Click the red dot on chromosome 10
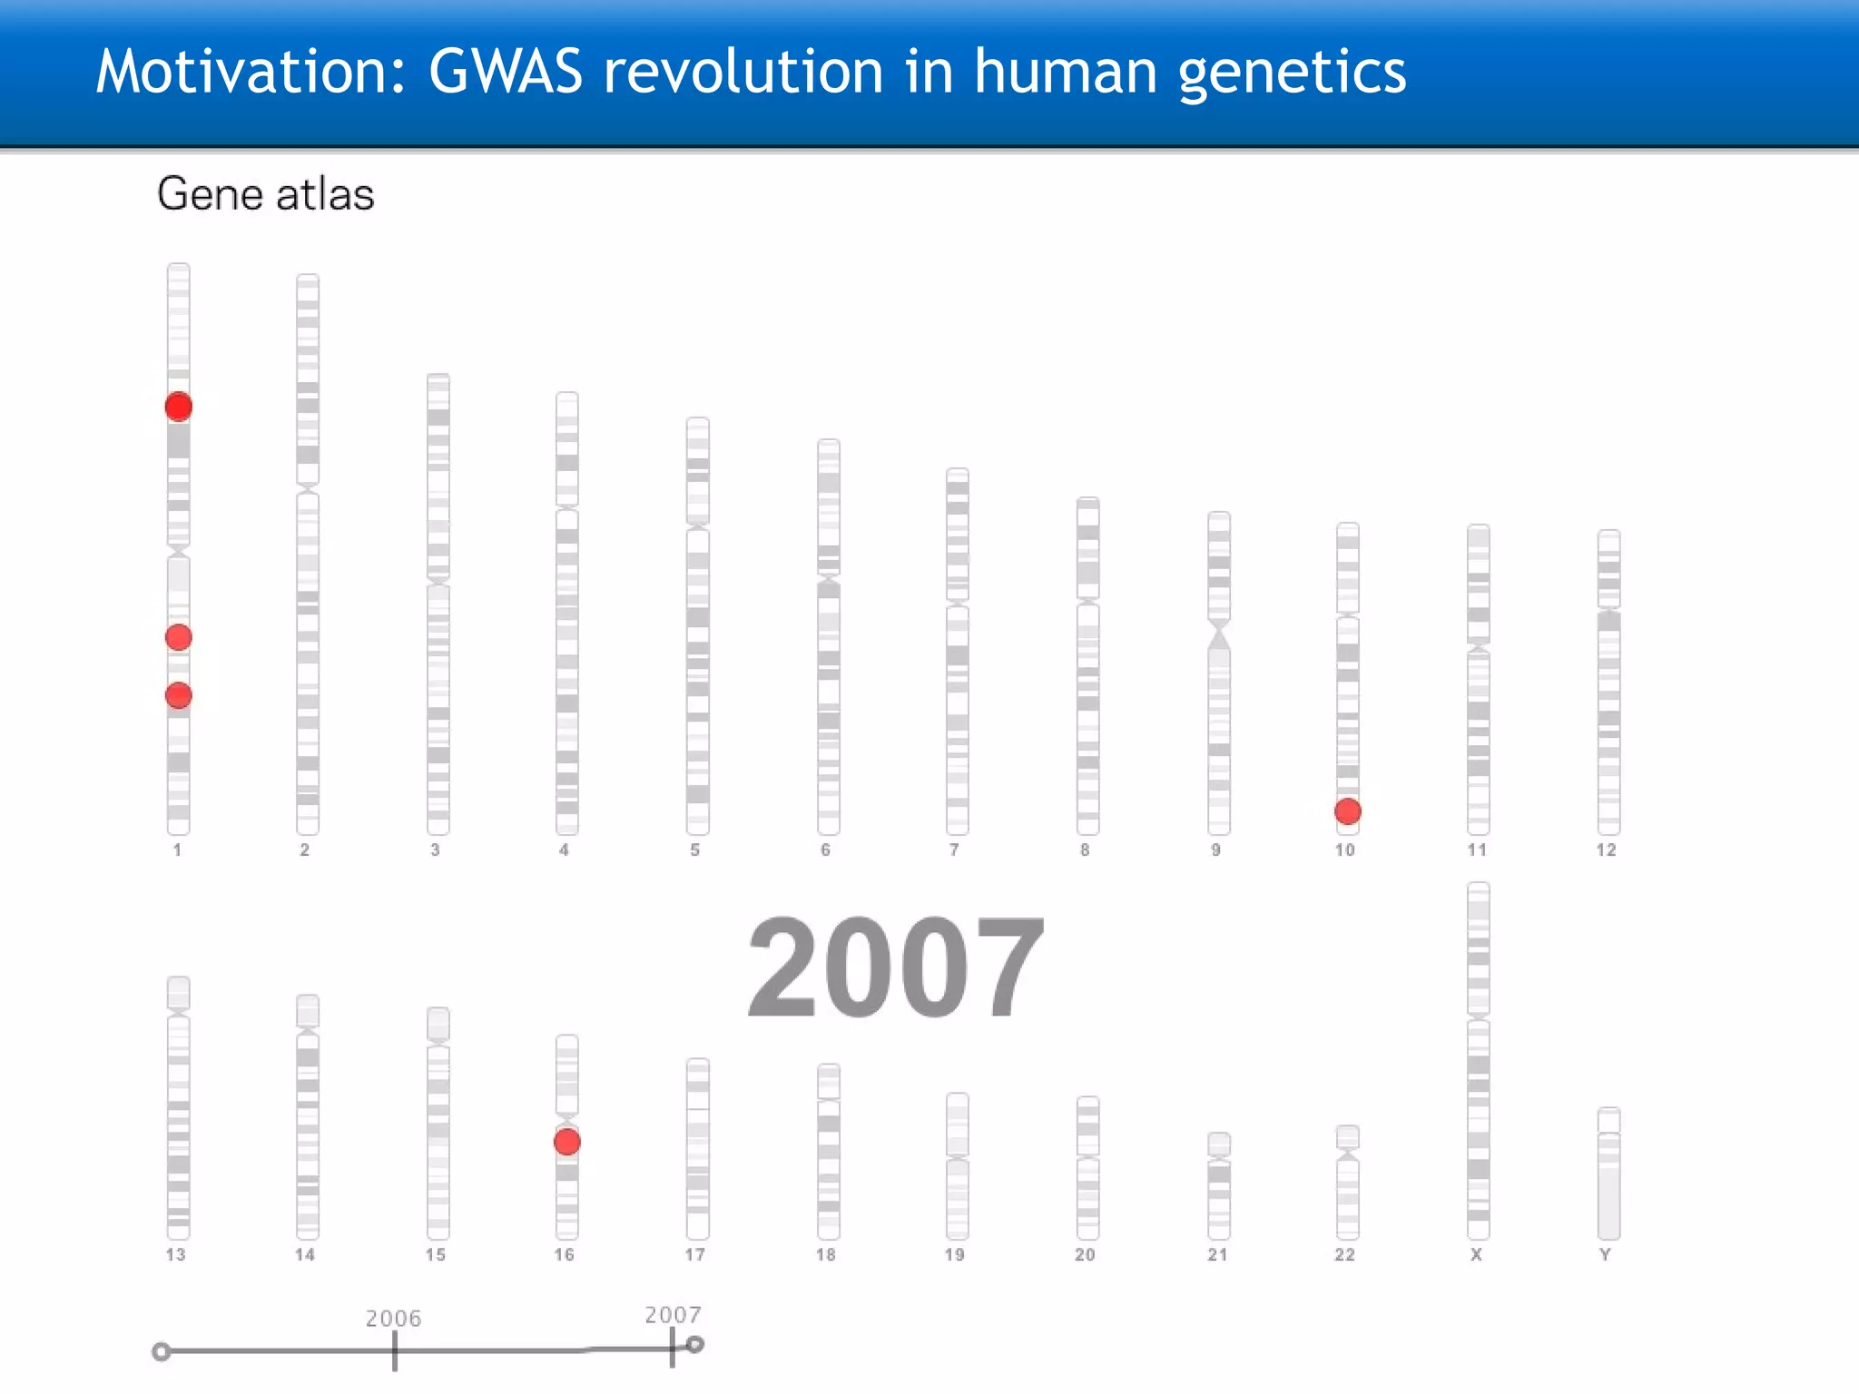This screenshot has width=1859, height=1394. (1347, 810)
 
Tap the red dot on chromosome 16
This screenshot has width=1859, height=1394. (567, 1142)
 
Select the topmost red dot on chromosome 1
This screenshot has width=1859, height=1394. (179, 406)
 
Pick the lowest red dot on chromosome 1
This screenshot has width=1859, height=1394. (179, 695)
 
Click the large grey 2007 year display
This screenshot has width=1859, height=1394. (895, 967)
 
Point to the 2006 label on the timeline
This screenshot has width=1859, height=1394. (393, 1318)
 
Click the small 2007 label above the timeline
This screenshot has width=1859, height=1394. (673, 1314)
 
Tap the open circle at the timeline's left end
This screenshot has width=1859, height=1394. (162, 1352)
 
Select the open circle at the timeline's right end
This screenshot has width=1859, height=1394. (695, 1345)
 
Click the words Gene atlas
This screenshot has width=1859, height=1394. (265, 194)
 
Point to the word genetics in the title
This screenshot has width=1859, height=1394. (1292, 73)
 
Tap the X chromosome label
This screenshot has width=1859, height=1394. (1476, 1254)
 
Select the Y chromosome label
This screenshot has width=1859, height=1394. (1605, 1254)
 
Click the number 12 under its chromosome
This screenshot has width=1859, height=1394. (1606, 849)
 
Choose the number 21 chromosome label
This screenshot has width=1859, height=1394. (1217, 1254)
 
